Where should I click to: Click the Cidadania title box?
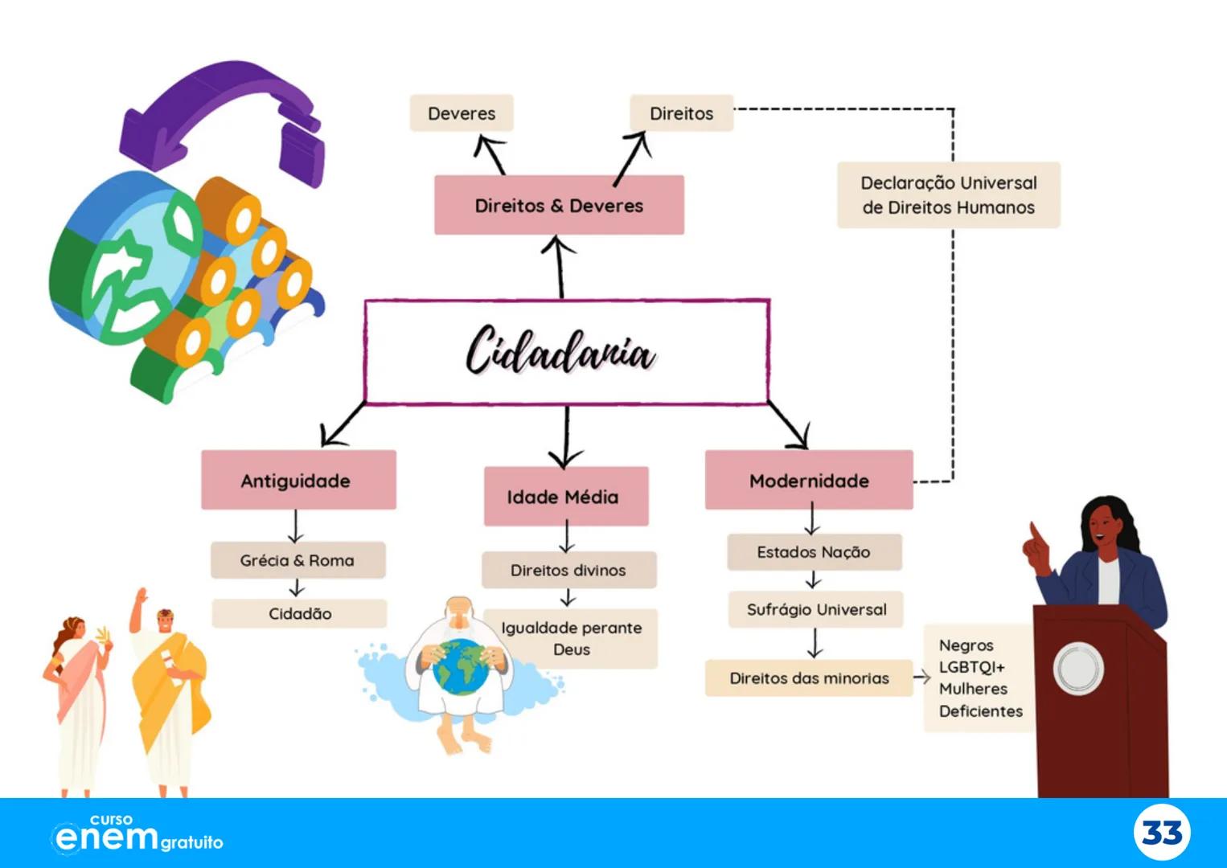click(x=566, y=352)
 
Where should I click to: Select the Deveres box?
click(x=462, y=113)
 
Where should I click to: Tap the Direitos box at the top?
click(x=681, y=113)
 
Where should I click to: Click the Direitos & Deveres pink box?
click(x=559, y=206)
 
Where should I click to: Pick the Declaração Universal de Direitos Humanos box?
click(x=949, y=195)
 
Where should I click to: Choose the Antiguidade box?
click(x=298, y=481)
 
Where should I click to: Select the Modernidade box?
click(x=809, y=481)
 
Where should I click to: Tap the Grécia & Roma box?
click(x=298, y=560)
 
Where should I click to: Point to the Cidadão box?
click(x=299, y=614)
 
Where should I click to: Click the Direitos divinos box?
click(x=568, y=570)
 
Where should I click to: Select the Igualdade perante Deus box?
click(x=572, y=638)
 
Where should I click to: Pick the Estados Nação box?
click(x=814, y=552)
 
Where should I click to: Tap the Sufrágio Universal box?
click(x=816, y=609)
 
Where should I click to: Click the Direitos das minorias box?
click(x=809, y=678)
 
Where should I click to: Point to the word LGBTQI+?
click(x=971, y=667)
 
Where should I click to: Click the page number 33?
click(x=1162, y=833)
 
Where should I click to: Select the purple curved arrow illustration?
click(x=221, y=113)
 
